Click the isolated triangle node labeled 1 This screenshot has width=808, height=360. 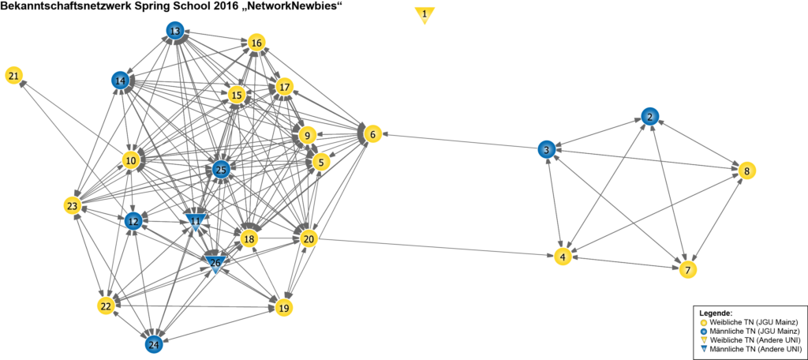(425, 14)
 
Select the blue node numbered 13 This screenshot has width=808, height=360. (175, 31)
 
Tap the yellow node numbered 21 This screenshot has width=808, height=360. (14, 76)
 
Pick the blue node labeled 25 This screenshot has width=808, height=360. (221, 169)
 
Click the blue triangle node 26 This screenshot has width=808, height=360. (215, 262)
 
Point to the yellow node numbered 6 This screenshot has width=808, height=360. (373, 134)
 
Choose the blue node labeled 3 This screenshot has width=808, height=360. (546, 149)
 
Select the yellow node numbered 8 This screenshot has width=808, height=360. (746, 170)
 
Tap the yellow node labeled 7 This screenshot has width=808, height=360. (688, 269)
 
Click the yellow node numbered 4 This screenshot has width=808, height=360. (562, 257)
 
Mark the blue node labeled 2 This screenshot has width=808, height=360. (649, 117)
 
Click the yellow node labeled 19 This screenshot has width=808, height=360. (283, 307)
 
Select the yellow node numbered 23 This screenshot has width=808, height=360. (73, 205)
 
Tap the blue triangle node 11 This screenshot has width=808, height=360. (196, 222)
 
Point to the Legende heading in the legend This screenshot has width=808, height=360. (716, 313)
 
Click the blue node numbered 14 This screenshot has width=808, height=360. (121, 81)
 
